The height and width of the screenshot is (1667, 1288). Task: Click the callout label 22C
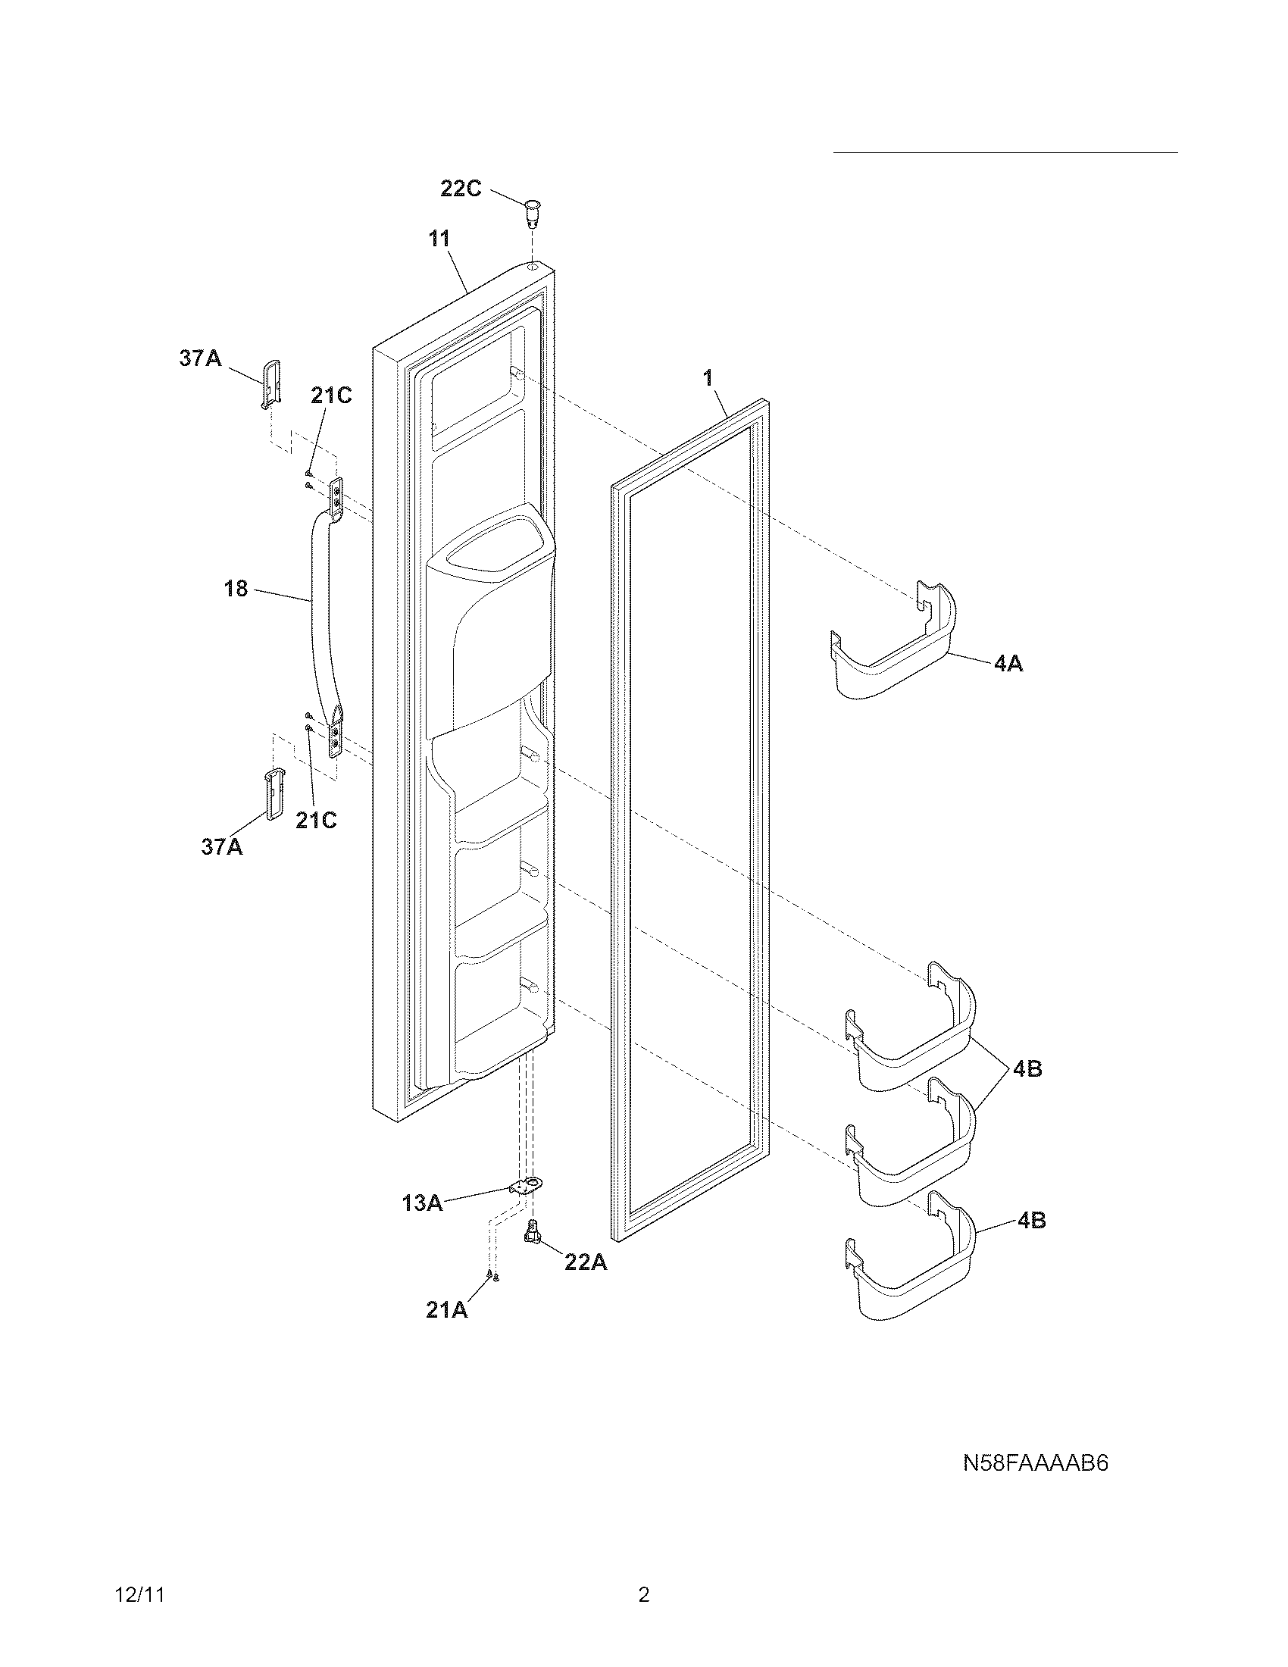point(461,189)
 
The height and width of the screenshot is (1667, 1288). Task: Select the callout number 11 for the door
point(439,238)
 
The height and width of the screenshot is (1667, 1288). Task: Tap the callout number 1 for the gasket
point(708,377)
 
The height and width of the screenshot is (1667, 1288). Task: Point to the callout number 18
point(236,589)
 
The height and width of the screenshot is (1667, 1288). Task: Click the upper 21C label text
point(331,396)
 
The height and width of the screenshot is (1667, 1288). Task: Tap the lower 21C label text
point(317,820)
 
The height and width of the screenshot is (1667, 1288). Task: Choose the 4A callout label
point(1008,664)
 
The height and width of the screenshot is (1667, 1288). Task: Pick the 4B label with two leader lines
point(1028,1069)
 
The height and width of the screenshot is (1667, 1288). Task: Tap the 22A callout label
point(585,1262)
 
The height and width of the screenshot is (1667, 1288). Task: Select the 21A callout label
point(447,1310)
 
